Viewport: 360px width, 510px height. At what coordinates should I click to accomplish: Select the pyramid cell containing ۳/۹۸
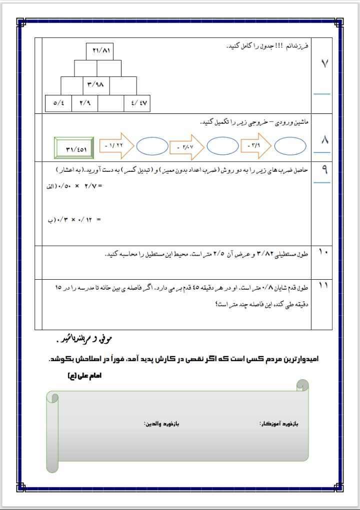pos(98,84)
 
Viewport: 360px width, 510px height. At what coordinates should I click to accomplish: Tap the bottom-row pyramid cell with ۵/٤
pos(58,103)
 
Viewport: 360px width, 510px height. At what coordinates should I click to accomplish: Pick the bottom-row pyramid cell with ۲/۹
pos(84,103)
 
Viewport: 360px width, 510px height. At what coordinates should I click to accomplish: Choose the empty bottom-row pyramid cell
pos(111,103)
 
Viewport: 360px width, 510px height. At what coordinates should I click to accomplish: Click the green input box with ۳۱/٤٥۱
pos(75,148)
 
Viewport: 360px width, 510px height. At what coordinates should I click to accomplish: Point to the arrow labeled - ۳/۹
pos(255,145)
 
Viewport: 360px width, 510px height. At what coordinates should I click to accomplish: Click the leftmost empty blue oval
pos(152,146)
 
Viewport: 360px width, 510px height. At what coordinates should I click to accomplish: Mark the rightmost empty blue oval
pos(290,146)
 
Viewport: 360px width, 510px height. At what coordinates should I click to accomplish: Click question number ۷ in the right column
pos(323,64)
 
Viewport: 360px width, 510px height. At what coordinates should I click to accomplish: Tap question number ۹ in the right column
pos(324,170)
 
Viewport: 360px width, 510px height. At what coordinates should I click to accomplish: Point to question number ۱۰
pos(323,253)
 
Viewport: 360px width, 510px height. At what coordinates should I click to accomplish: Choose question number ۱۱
pos(323,286)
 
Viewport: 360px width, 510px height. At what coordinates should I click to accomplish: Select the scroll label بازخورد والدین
pos(161,424)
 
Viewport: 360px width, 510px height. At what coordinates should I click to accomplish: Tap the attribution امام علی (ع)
pos(84,376)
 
